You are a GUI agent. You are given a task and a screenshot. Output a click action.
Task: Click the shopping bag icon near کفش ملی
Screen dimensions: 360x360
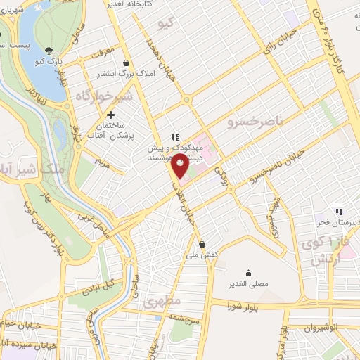coord(202,245)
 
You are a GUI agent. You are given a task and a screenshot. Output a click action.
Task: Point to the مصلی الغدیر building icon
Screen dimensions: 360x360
coord(247,273)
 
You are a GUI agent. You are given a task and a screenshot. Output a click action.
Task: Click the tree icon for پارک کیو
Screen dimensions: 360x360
coord(49,51)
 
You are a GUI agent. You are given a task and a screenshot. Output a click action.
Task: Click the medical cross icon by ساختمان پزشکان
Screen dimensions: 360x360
coord(110,115)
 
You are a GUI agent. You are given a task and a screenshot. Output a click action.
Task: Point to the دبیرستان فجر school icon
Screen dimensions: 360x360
coord(338,212)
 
